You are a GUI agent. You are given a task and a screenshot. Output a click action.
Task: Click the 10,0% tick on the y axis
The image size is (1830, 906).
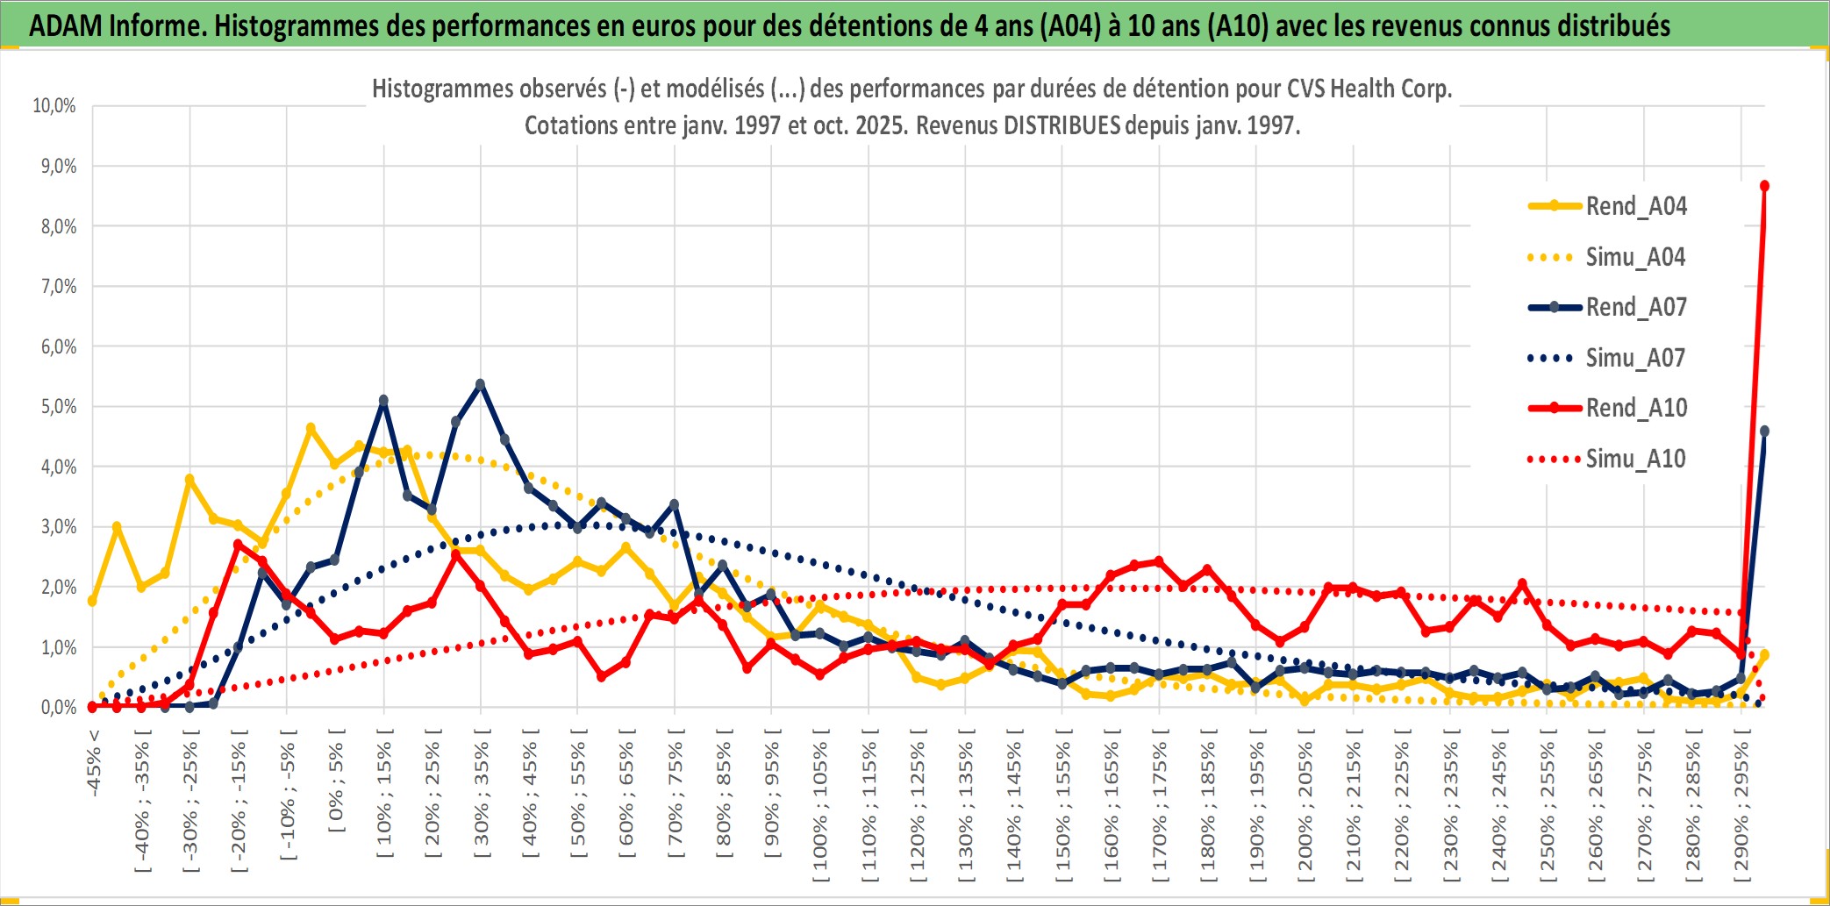54,106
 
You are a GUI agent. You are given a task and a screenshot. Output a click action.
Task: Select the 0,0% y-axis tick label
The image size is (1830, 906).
59,707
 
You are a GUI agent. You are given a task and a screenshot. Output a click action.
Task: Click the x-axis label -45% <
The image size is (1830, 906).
94,763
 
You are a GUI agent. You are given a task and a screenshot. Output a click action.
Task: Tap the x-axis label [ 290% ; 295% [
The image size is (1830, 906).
1742,807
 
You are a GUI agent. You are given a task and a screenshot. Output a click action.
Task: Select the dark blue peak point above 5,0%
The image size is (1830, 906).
480,384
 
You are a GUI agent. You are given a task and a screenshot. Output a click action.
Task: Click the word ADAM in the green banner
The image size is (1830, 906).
66,26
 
